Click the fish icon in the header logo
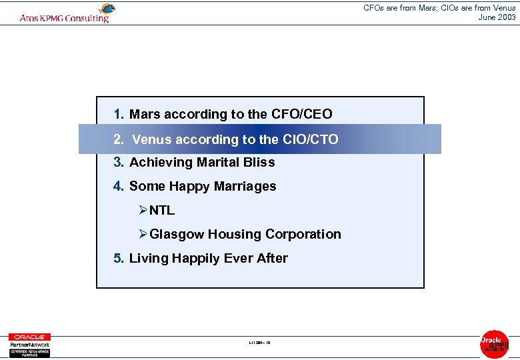pyautogui.click(x=106, y=9)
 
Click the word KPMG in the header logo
pyautogui.click(x=53, y=19)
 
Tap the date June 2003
pyautogui.click(x=497, y=17)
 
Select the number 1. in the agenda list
pyautogui.click(x=119, y=114)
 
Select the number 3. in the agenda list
pyautogui.click(x=119, y=162)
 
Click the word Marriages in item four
pyautogui.click(x=243, y=186)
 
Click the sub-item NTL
pyautogui.click(x=162, y=210)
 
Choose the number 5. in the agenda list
pyautogui.click(x=119, y=258)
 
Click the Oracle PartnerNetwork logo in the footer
pyautogui.click(x=29, y=344)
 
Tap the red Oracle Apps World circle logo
pyautogui.click(x=495, y=343)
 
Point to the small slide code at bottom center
pyautogui.click(x=259, y=343)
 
